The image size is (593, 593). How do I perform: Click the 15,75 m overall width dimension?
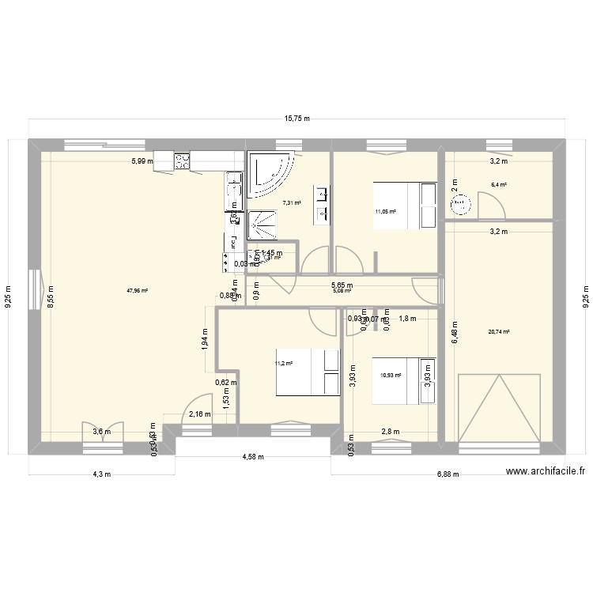[296, 119]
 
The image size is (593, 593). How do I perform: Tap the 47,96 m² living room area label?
[137, 290]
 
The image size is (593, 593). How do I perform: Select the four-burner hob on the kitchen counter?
[183, 161]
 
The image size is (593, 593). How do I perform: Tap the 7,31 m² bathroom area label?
[292, 202]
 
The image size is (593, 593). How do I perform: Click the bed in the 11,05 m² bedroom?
[406, 206]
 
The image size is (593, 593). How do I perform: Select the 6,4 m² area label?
[498, 184]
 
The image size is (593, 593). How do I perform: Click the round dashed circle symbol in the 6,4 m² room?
[460, 206]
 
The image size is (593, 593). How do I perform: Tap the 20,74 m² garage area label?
[498, 332]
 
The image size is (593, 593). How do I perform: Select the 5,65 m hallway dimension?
[342, 285]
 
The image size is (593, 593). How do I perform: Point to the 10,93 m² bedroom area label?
[390, 376]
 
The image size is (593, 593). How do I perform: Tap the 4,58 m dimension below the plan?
[252, 456]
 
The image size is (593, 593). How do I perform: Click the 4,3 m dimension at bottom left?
[101, 474]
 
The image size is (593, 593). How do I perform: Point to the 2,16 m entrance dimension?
[193, 414]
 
